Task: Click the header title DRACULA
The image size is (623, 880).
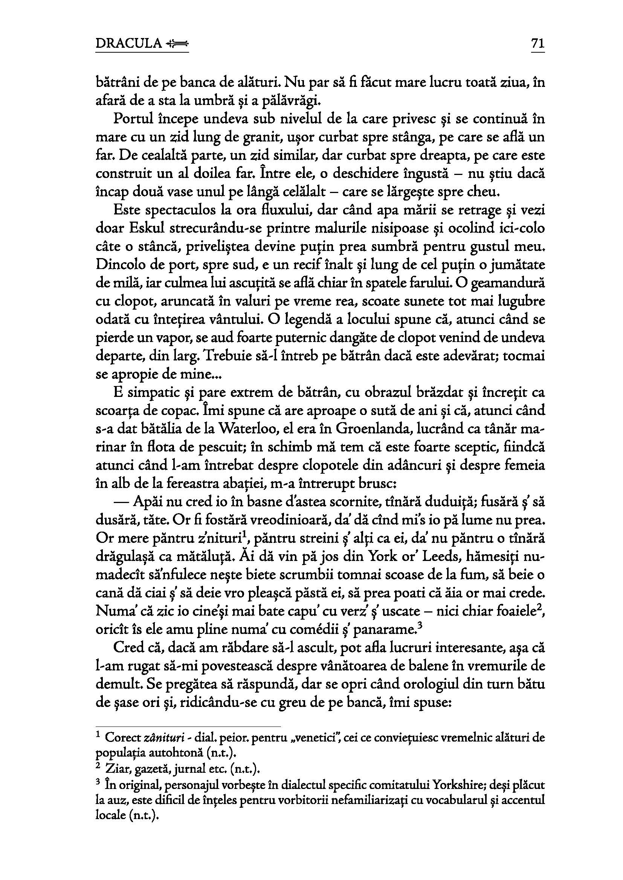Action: (x=128, y=44)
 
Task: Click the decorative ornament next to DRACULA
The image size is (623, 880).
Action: (x=177, y=44)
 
